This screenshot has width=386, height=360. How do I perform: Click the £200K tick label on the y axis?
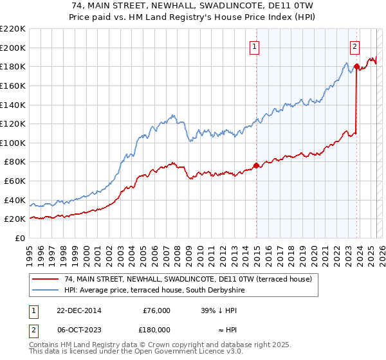(13, 48)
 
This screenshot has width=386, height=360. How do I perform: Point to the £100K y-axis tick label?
(13, 143)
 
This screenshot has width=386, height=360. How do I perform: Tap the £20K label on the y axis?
(15, 219)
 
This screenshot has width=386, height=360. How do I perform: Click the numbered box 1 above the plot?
(255, 46)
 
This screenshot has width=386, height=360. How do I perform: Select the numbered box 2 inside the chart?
(354, 46)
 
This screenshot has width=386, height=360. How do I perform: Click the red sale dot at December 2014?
(257, 165)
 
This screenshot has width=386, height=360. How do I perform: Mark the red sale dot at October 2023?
(356, 66)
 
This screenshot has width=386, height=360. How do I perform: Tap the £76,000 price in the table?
(156, 310)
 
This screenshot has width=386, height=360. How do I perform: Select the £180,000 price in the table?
(156, 330)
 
